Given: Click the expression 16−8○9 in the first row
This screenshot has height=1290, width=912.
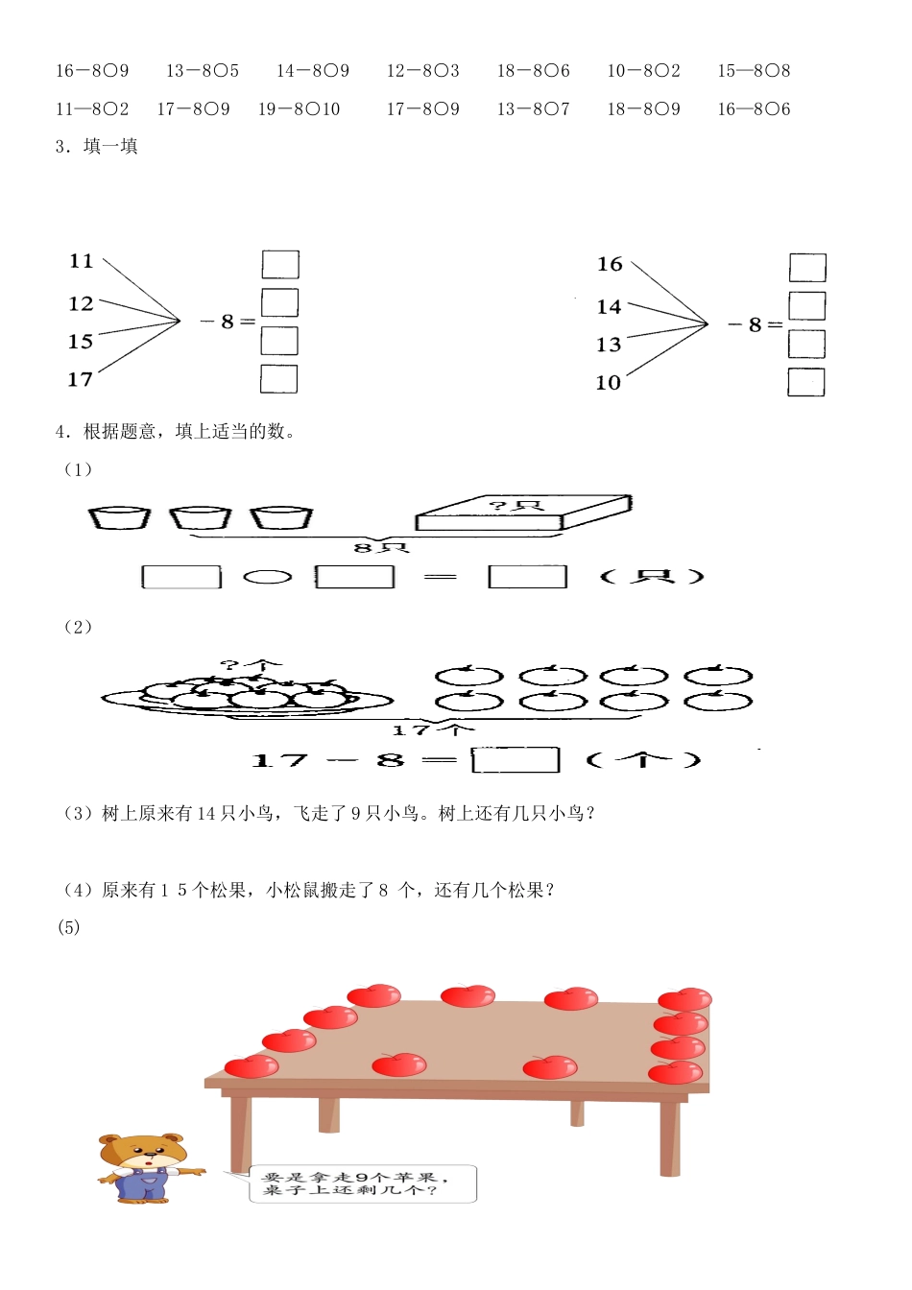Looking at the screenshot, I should point(92,71).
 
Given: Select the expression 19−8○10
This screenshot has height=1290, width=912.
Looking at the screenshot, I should point(299,109).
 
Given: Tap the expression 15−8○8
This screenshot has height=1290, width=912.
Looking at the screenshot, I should point(754,71).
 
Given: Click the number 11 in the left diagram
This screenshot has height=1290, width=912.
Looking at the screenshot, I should point(82,261).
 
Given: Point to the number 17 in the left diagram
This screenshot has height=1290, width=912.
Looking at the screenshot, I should point(81,380).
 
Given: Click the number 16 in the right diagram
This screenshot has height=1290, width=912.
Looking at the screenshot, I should point(610,264).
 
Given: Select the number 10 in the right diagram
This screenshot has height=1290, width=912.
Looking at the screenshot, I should point(609,383).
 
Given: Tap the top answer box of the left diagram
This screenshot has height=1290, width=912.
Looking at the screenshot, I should point(280,264).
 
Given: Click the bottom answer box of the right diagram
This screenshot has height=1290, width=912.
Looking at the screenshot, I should point(806,382).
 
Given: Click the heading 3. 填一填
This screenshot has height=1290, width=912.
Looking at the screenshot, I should point(97,147).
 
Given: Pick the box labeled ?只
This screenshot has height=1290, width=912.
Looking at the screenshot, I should point(522,512).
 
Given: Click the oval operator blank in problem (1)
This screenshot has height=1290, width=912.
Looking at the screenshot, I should point(268,577).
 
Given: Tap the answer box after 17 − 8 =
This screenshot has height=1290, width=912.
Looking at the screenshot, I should point(516,760).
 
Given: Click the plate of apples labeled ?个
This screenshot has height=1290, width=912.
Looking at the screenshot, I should point(248,692).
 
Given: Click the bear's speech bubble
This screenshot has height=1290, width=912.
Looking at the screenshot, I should point(363,1183).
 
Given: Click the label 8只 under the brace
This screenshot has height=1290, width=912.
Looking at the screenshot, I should point(381,548).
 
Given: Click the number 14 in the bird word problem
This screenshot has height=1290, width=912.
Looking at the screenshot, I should point(206,814).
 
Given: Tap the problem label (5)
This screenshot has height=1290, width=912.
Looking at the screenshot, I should point(69,927).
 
